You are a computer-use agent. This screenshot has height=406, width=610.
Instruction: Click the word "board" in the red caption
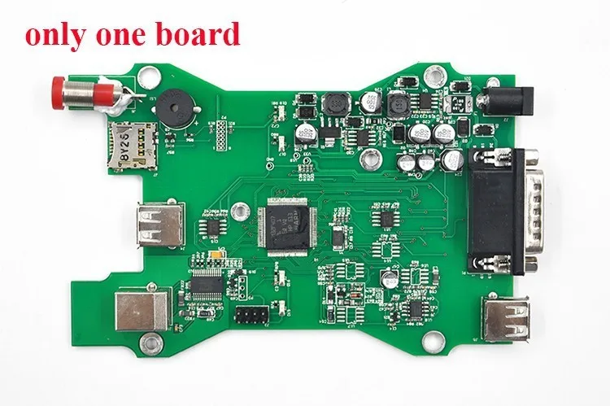pos(200,34)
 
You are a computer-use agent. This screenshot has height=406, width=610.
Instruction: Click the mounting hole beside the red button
pos(146,79)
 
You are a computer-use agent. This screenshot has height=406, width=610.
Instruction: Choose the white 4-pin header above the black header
pos(242,286)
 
